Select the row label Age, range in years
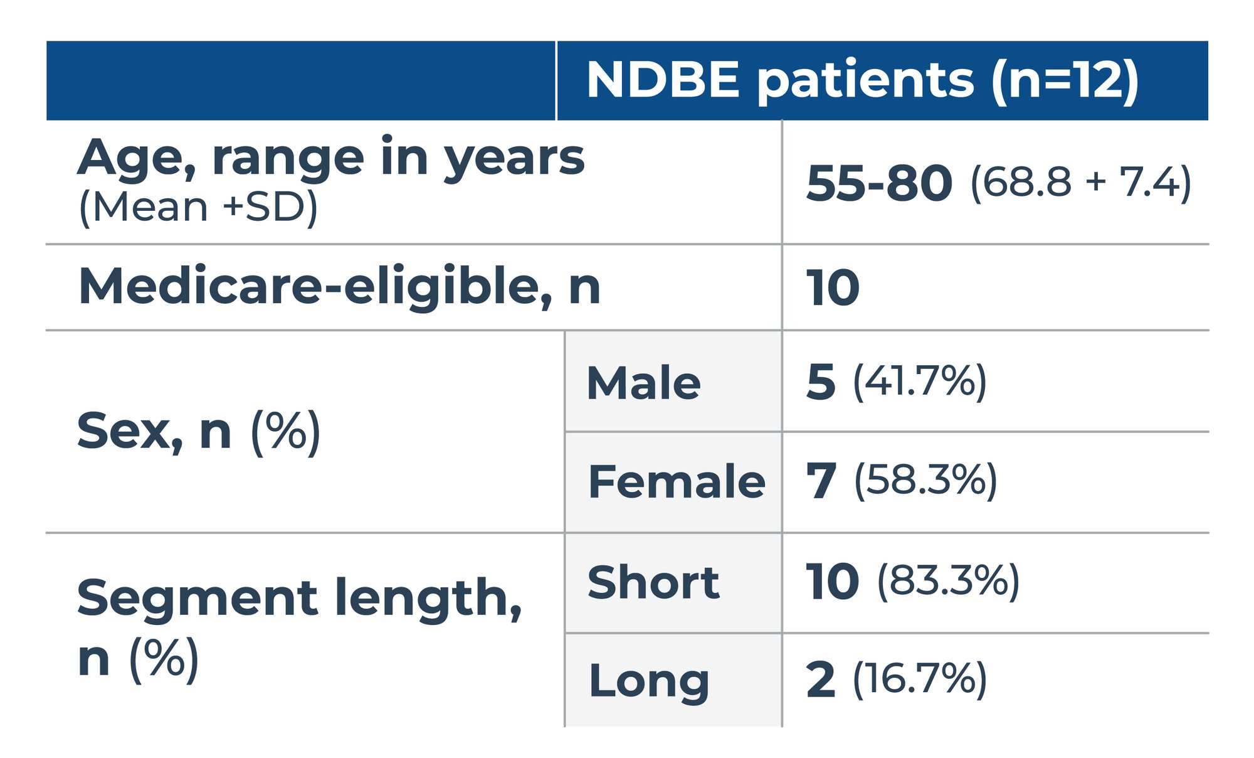pos(331,158)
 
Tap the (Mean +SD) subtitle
pos(198,208)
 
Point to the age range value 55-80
pos(879,183)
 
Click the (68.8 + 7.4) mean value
pos(1081,183)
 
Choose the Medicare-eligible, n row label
pos(339,287)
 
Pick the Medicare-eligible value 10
pos(833,288)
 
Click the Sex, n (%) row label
pos(199,432)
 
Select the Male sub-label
pos(643,383)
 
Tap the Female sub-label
pos(677,481)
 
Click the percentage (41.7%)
pos(920,382)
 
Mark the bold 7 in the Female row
pos(821,481)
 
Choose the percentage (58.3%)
pos(925,481)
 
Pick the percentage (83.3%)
pos(948,580)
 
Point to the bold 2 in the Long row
pos(821,680)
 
